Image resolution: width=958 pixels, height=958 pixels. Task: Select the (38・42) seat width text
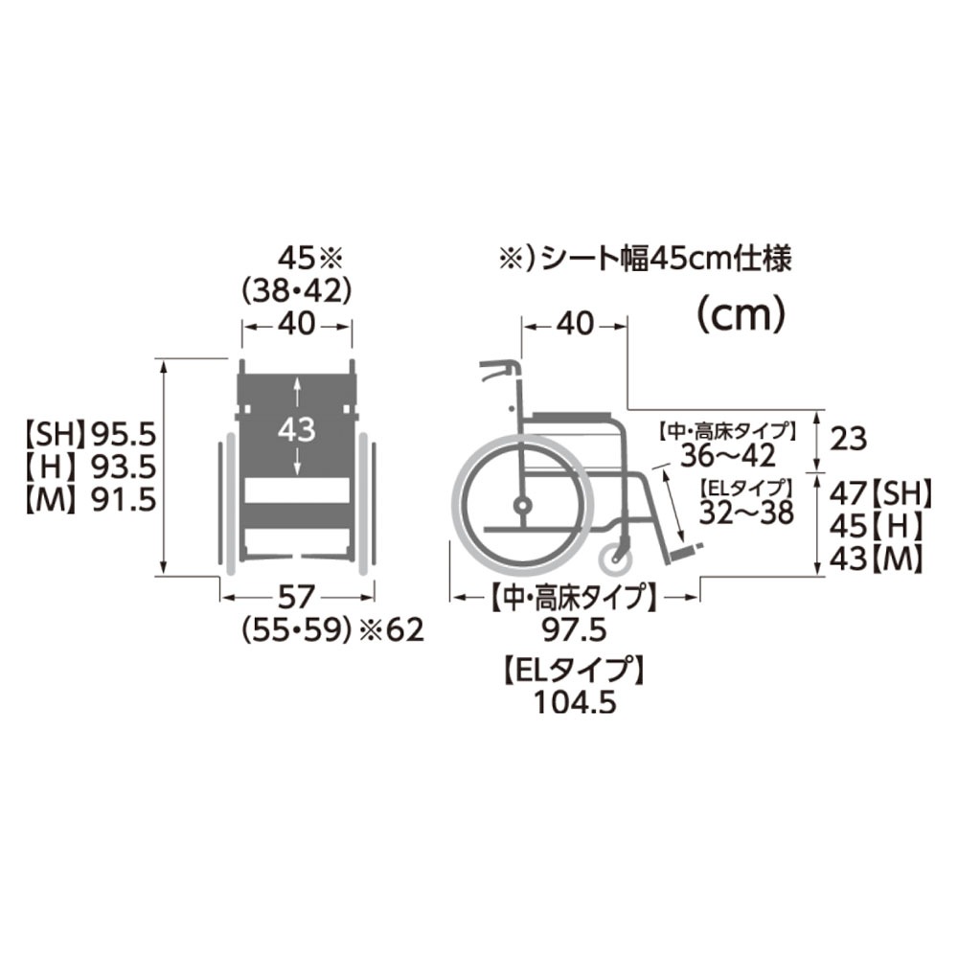[x=297, y=289]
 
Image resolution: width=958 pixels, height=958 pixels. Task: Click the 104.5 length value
[x=572, y=701]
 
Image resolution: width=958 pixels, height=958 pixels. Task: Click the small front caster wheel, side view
[x=614, y=556]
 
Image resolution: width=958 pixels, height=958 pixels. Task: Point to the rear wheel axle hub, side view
[x=523, y=504]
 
